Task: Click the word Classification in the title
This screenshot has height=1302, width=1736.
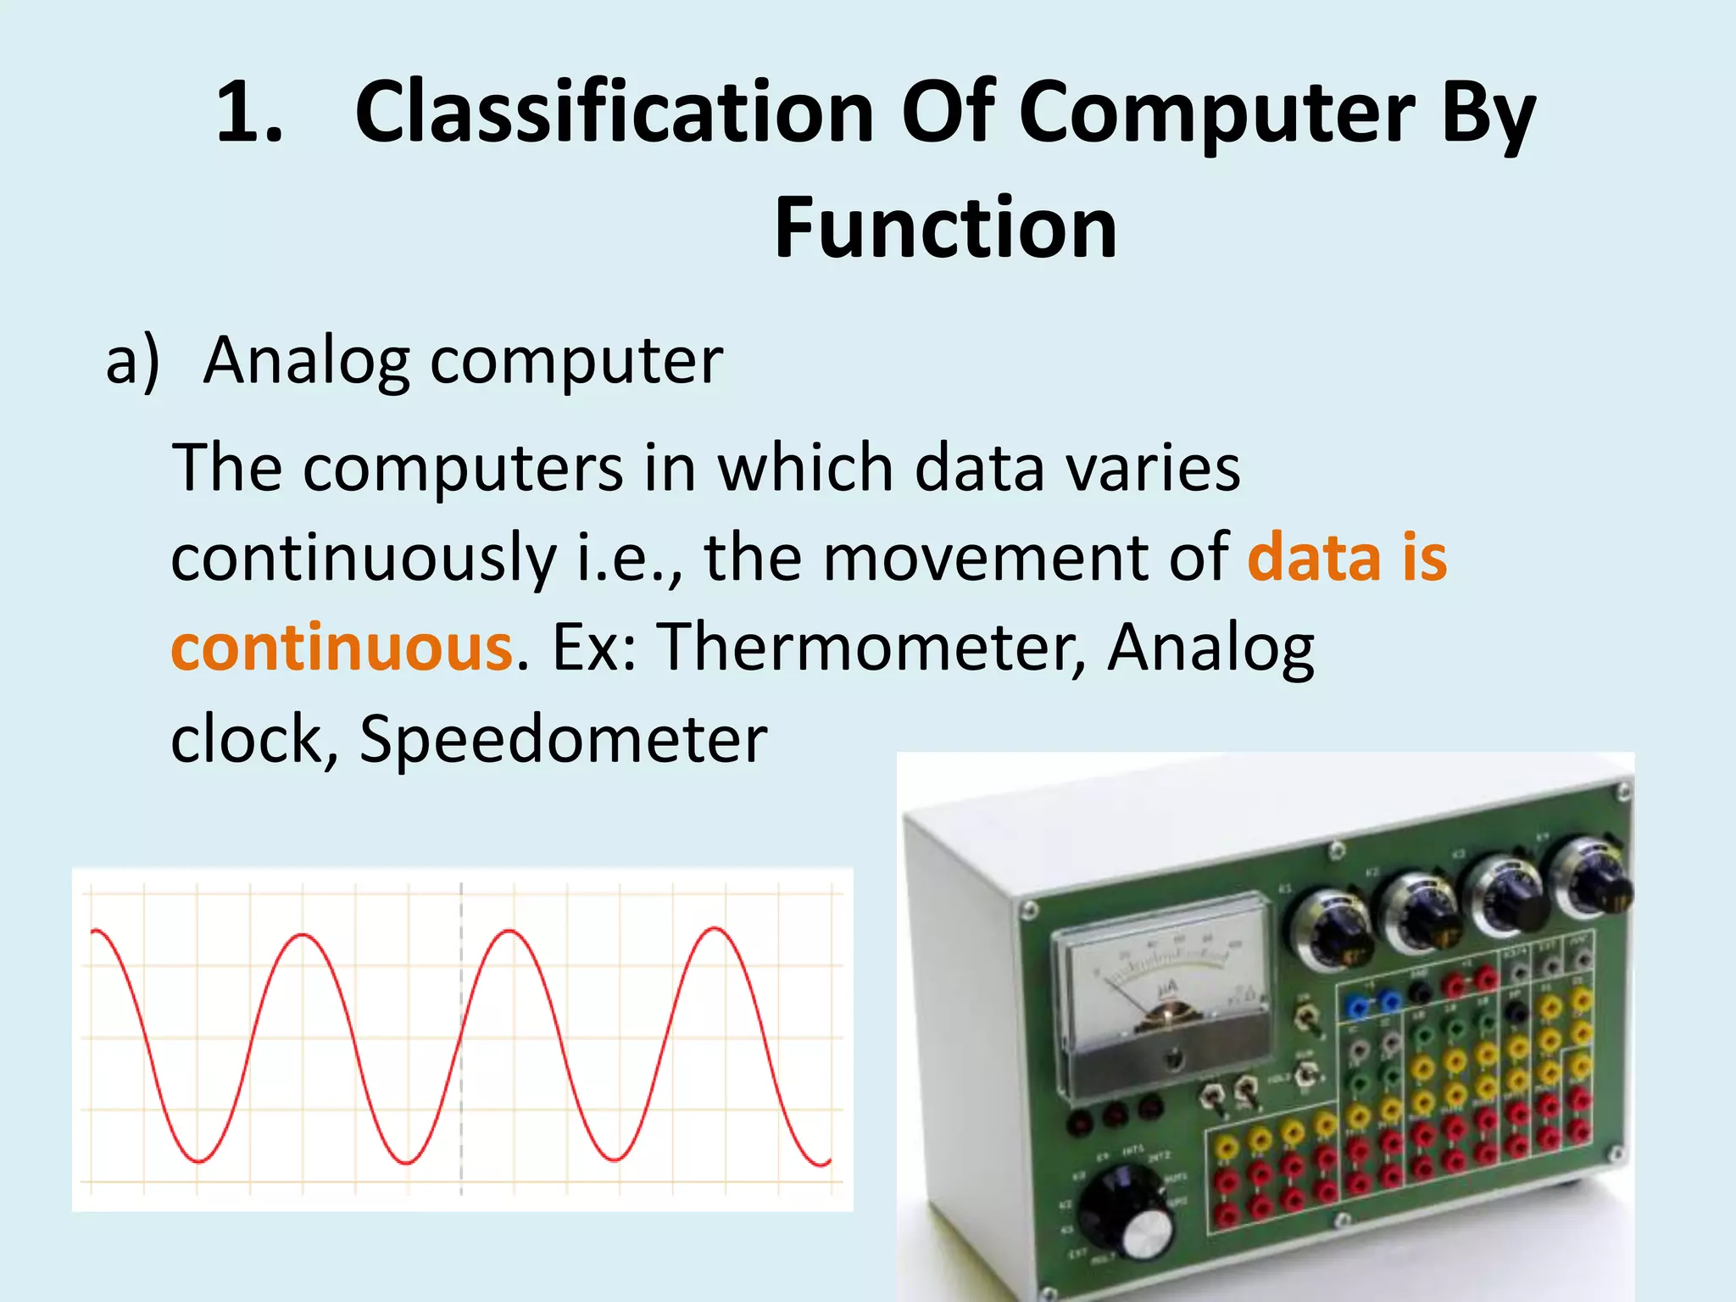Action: point(615,113)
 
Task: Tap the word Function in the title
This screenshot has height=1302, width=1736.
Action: point(945,229)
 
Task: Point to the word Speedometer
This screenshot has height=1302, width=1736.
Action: point(563,740)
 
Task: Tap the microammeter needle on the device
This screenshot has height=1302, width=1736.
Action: point(1136,1000)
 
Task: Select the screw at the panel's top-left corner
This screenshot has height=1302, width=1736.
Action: point(1029,910)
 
